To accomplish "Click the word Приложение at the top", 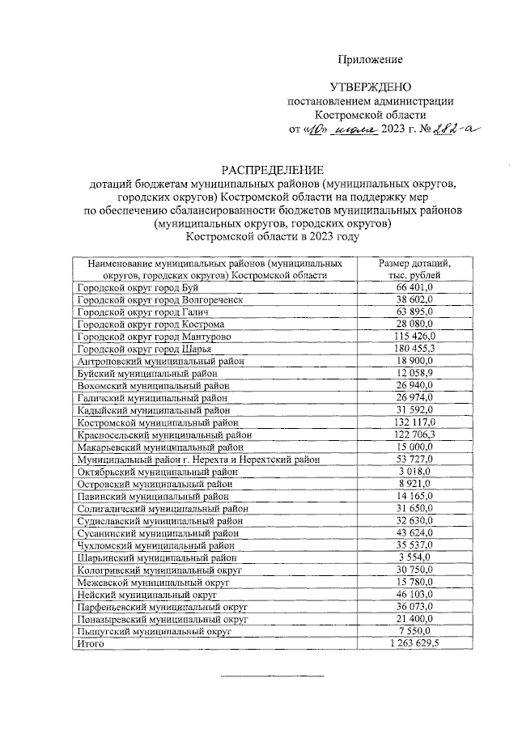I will click(x=370, y=60).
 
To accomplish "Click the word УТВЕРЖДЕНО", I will click(x=371, y=87).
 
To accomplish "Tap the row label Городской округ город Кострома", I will click(x=149, y=324).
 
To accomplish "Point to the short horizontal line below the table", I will click(x=273, y=675).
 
